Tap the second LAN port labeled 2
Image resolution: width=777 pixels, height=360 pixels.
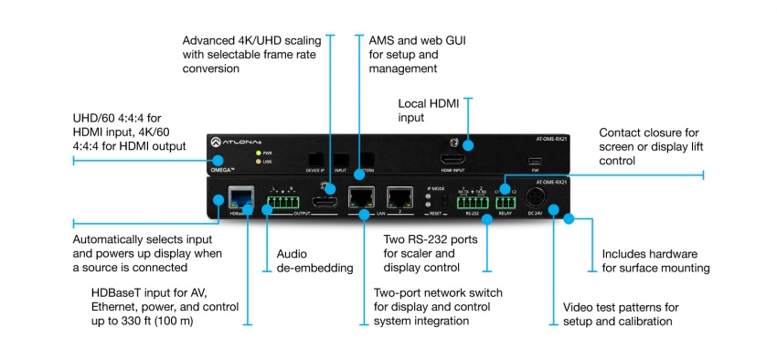click(399, 196)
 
